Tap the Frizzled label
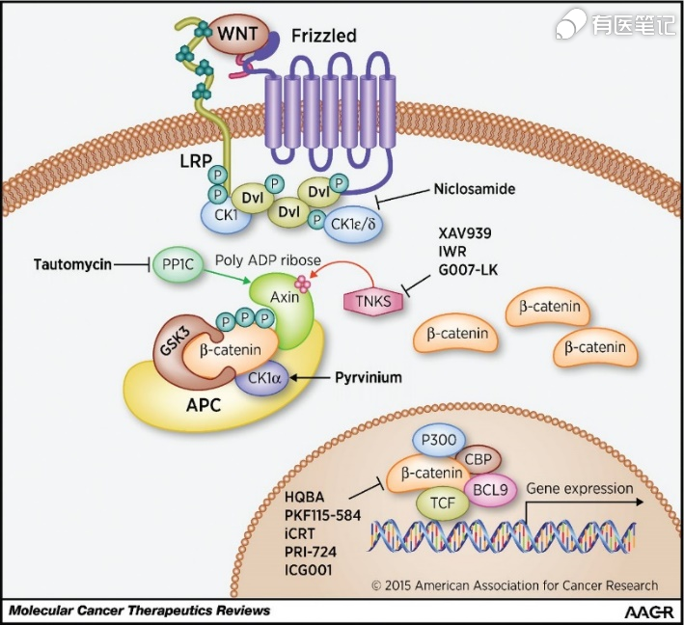click(x=324, y=37)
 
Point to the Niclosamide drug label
click(x=475, y=189)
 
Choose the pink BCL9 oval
click(x=489, y=490)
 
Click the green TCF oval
click(x=439, y=502)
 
